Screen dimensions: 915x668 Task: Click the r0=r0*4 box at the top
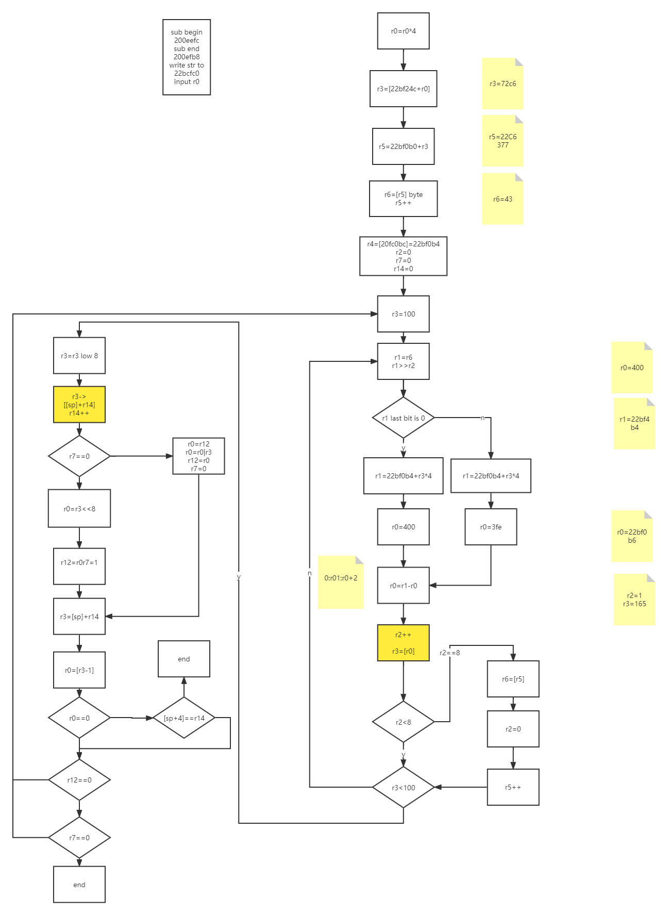click(x=403, y=31)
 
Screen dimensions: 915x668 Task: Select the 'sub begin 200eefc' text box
click(x=187, y=57)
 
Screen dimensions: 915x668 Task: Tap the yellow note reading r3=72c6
click(x=503, y=84)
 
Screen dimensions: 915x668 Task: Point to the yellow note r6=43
click(x=503, y=199)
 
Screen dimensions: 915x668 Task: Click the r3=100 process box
click(x=403, y=314)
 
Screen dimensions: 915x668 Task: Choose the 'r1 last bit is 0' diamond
click(x=403, y=418)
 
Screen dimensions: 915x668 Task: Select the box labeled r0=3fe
click(x=491, y=527)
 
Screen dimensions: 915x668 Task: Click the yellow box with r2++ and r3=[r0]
click(x=403, y=643)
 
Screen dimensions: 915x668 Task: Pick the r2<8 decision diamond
click(x=403, y=722)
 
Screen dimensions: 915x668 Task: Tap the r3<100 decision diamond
click(x=403, y=788)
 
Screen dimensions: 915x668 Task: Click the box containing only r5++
click(x=513, y=787)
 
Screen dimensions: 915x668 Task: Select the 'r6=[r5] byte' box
click(x=403, y=198)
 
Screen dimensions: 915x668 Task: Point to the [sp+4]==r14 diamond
click(x=184, y=718)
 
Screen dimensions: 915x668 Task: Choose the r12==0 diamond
click(x=79, y=780)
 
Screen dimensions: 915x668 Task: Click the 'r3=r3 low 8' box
click(x=79, y=356)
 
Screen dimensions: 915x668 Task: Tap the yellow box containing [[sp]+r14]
click(x=79, y=405)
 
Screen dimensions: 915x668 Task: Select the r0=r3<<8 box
click(x=79, y=509)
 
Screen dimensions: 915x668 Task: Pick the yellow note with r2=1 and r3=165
click(x=634, y=600)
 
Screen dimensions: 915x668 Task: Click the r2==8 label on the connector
click(x=449, y=653)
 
